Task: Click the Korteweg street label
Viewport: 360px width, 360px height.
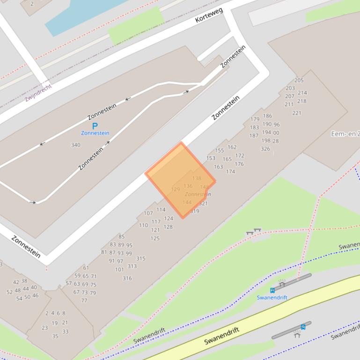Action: [x=209, y=15]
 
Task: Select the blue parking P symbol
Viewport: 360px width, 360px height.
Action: [x=95, y=126]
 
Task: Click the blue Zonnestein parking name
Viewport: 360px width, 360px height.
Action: [x=95, y=133]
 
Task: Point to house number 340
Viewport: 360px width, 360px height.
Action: [x=75, y=145]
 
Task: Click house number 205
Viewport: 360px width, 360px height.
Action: [x=299, y=80]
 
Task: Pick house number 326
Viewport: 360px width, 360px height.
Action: [x=265, y=149]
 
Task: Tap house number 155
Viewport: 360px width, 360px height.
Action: [x=220, y=151]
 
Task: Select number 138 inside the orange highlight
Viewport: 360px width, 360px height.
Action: [x=197, y=178]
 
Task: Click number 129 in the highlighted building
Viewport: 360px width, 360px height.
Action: [x=176, y=189]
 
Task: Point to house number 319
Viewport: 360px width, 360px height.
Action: [x=195, y=211]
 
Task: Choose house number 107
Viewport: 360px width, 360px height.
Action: [x=148, y=213]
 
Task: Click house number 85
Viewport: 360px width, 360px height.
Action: [x=122, y=237]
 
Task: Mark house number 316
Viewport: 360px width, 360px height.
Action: [x=127, y=278]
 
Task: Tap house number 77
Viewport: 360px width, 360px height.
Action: [x=84, y=301]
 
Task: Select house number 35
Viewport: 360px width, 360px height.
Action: [x=55, y=336]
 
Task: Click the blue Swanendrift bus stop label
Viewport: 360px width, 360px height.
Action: [x=272, y=297]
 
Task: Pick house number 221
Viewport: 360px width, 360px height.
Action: [x=297, y=113]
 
